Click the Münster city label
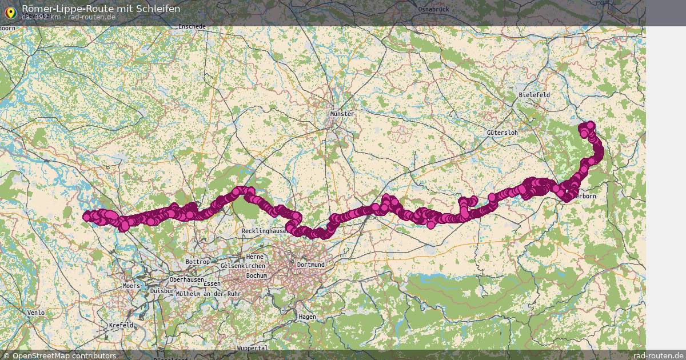342,114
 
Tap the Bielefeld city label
534,94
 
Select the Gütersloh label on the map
502,133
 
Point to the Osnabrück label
434,9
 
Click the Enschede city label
192,26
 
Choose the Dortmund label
310,265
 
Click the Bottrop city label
197,262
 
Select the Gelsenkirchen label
242,266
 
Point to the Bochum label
256,275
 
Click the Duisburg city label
161,291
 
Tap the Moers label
131,286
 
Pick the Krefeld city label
121,325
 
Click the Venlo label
35,313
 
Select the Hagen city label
307,316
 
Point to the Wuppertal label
252,348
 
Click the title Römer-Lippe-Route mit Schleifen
101,9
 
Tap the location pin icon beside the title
10,12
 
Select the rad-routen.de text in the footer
659,355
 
